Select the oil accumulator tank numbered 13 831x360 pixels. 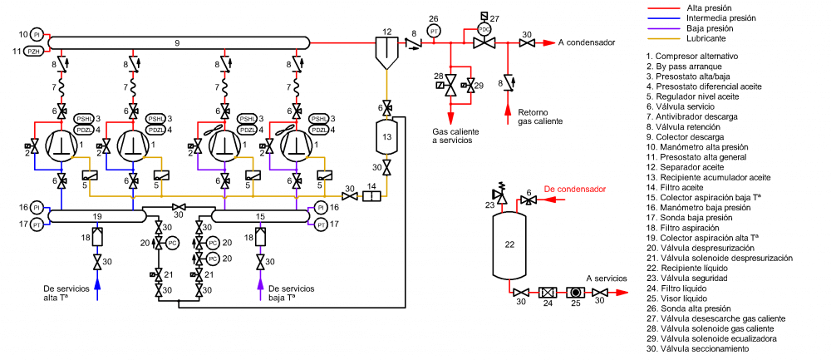386,136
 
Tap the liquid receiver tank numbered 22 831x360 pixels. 509,244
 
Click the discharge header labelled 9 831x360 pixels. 179,42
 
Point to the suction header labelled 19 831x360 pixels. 97,216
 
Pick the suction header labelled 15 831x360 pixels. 260,216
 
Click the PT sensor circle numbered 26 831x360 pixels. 433,32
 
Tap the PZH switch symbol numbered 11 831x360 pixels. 34,51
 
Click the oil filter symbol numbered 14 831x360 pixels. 371,196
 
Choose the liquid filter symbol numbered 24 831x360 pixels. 547,293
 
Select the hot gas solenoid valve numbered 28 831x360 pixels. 450,81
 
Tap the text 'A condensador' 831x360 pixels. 586,42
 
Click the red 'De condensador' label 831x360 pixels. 574,190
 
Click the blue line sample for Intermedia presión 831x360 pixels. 663,17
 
